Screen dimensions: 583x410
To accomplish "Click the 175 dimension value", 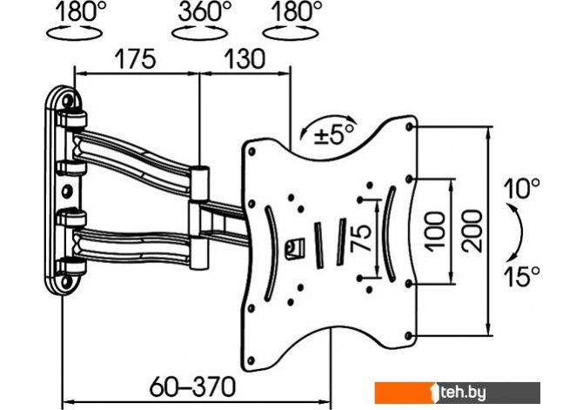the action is tap(135, 59).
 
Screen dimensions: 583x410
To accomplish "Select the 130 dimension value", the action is tap(245, 59).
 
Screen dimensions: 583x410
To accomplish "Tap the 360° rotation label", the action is tap(203, 12).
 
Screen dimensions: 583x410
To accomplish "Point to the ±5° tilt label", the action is tap(334, 134).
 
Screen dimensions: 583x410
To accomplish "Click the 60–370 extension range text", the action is tap(192, 386).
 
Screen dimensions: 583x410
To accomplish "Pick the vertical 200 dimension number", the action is tap(472, 231).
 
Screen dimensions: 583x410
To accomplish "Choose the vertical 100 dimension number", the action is tap(435, 231).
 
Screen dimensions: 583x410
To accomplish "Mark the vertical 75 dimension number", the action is tap(361, 239).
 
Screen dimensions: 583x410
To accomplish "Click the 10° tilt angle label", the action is tap(521, 188).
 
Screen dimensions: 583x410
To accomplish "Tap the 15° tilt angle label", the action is tap(521, 276).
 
